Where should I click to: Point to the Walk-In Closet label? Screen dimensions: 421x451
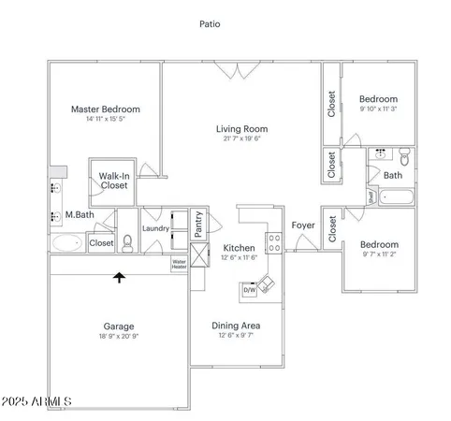[x=114, y=181]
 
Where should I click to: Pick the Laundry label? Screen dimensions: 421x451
[x=155, y=228]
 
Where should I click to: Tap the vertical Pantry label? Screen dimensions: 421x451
[x=199, y=224]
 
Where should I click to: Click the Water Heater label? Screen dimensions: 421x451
[x=179, y=264]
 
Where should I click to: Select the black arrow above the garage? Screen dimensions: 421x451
[x=119, y=276]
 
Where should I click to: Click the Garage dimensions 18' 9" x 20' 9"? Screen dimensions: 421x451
[x=118, y=336]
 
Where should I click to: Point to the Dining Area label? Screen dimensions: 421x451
[x=238, y=326]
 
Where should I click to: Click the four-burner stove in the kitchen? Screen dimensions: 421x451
[x=274, y=242]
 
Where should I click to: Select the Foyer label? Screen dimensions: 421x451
[x=302, y=225]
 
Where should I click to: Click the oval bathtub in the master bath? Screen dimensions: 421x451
[x=66, y=244]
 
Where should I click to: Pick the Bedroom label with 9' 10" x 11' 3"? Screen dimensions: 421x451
[x=379, y=99]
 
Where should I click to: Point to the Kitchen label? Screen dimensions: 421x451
[x=238, y=247]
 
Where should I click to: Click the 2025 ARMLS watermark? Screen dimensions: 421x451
[x=37, y=401]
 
